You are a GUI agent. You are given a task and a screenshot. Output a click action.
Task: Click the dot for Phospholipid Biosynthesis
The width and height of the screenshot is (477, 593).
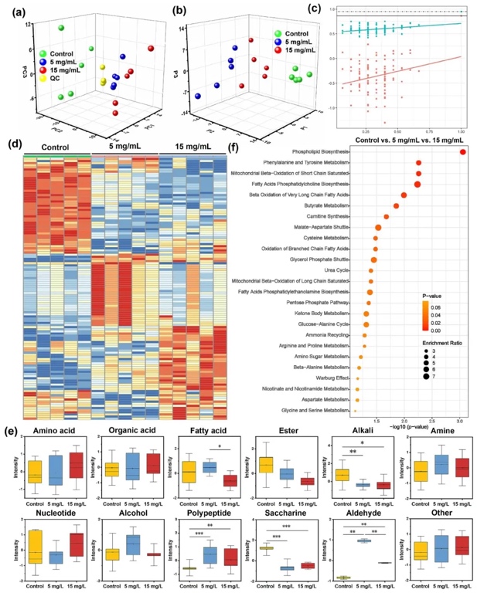462,151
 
